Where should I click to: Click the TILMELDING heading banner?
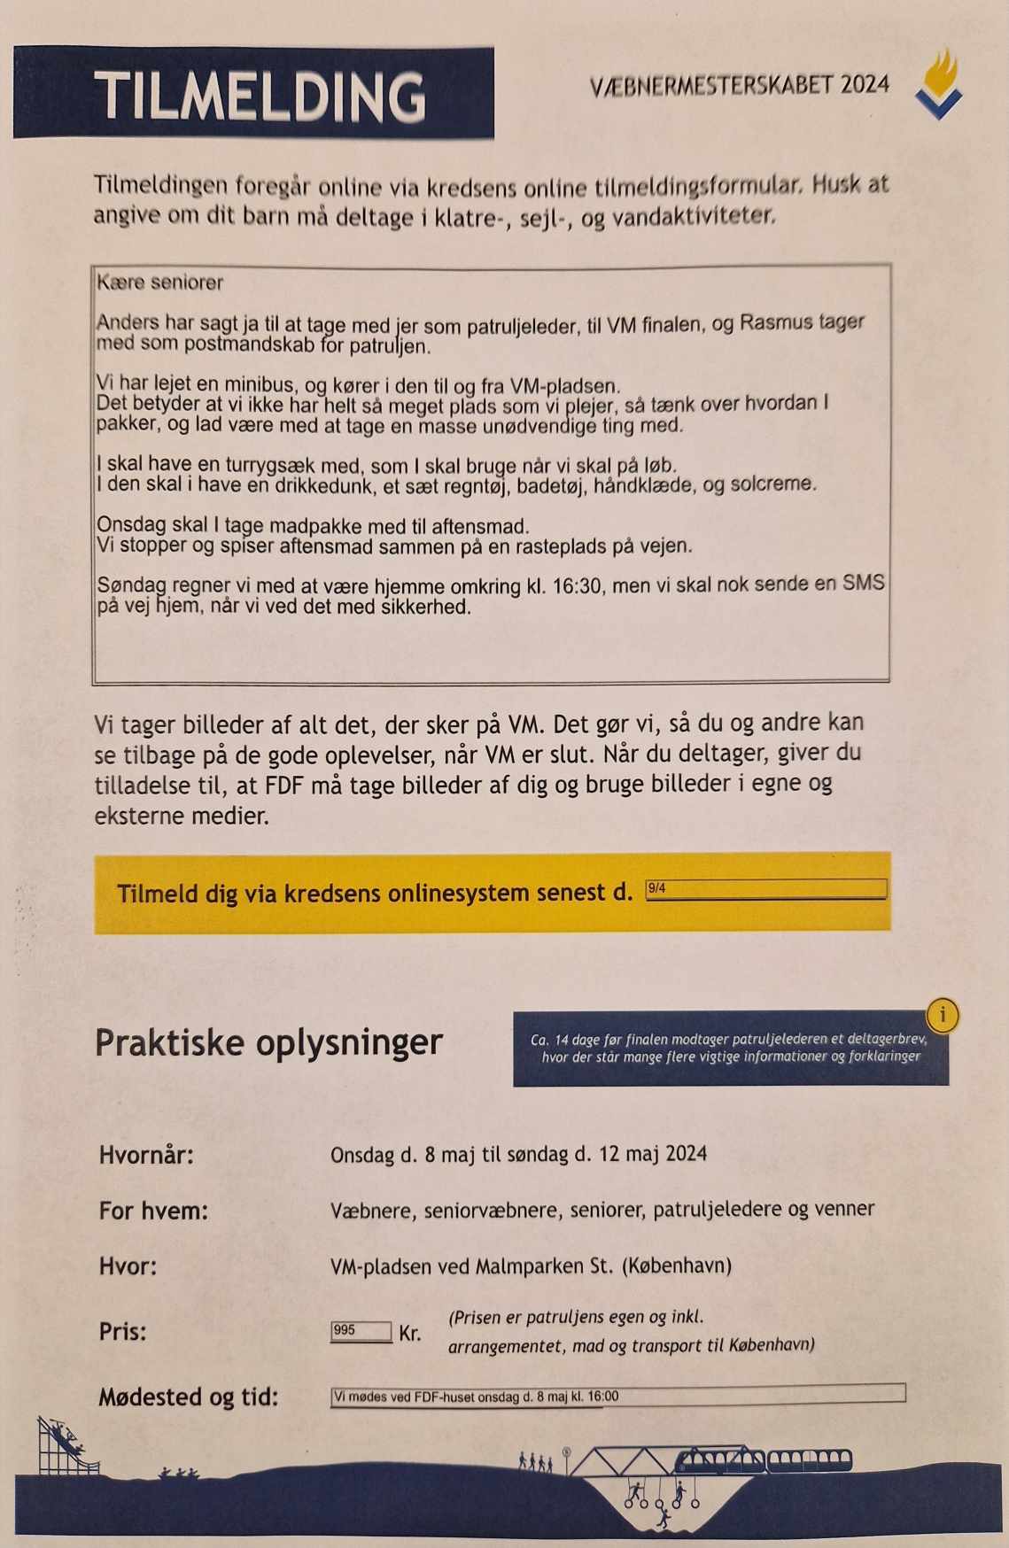coord(254,94)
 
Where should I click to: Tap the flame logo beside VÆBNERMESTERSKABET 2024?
coord(940,85)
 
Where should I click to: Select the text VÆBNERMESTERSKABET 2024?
coord(739,86)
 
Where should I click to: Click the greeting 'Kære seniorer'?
coord(160,283)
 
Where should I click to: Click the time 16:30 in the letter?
coord(577,586)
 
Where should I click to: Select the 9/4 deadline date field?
coord(765,889)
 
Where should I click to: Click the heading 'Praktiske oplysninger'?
coord(268,1043)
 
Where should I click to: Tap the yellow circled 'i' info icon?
coord(943,1015)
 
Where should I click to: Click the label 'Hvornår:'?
coord(146,1155)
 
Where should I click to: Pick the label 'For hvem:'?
coord(153,1211)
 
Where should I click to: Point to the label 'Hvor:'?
coord(128,1266)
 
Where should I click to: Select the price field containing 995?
coord(361,1331)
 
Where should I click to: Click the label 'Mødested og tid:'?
coord(188,1397)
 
